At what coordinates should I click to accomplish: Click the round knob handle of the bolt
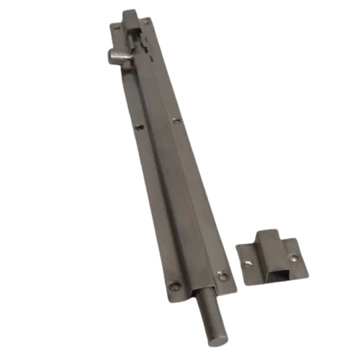tap(113, 54)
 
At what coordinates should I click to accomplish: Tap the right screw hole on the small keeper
tap(293, 256)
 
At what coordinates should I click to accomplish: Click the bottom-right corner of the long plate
tap(234, 288)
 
